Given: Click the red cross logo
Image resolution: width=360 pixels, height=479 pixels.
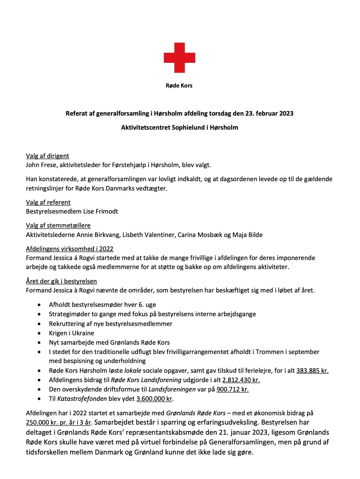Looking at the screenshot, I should pos(179,58).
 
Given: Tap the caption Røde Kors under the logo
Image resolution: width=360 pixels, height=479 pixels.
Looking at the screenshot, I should pos(179,86).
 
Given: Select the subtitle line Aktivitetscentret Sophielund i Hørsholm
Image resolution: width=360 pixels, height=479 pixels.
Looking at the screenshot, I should pos(179,127).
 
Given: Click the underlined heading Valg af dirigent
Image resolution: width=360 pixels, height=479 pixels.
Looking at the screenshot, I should pos(47,156).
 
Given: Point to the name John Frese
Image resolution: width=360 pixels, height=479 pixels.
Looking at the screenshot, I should pos(41,165).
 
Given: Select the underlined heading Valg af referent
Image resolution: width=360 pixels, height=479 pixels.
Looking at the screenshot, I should pos(48,202).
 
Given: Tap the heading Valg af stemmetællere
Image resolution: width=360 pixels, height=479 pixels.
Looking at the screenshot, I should pos(58,225).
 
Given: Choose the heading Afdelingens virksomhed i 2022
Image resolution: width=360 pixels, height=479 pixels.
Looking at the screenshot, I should pos(69,249).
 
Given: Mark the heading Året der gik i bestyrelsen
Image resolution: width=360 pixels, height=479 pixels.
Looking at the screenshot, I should pos(61,281).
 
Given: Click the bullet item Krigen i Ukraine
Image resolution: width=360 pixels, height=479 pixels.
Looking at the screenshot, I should pos(71,333).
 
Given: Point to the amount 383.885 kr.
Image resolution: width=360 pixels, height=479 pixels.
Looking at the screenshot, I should pos(312,371).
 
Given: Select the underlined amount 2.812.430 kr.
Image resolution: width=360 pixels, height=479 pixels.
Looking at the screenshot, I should pos(241,380).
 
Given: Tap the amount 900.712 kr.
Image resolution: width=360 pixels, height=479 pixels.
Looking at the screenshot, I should pos(233,389).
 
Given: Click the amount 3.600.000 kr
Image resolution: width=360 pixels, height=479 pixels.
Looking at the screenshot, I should pos(154,399).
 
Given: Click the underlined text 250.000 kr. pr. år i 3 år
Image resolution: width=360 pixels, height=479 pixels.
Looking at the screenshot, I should pos(58,422).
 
